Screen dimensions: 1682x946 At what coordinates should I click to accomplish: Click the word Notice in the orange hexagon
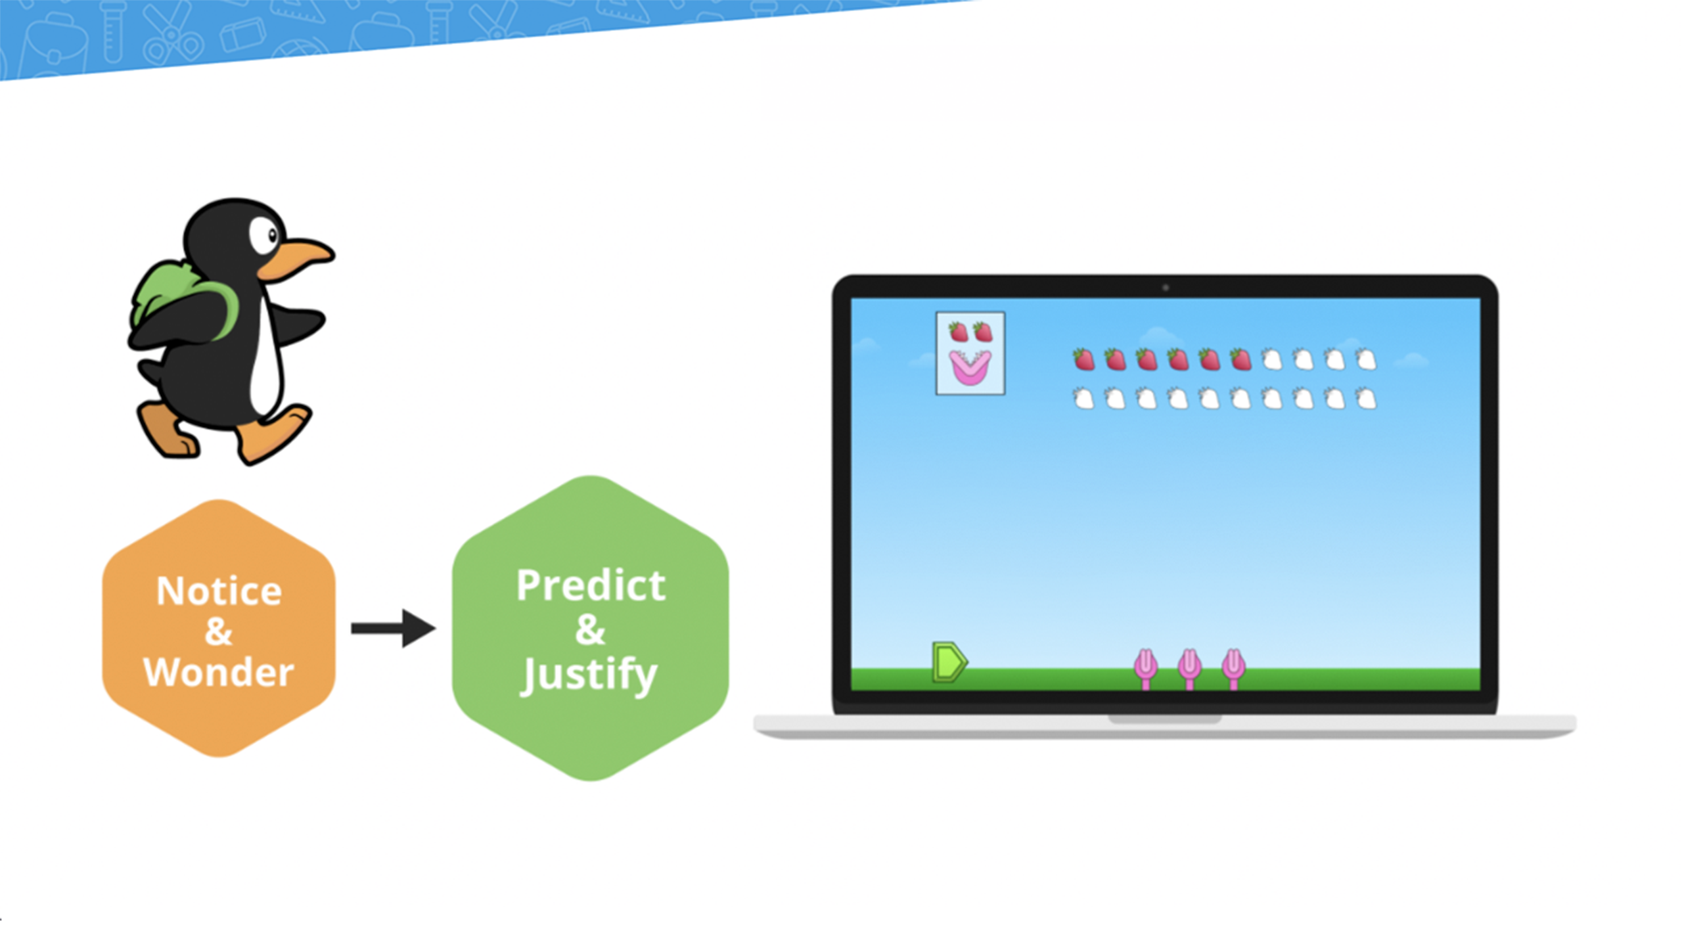[219, 591]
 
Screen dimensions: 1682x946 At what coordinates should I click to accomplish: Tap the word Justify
[589, 676]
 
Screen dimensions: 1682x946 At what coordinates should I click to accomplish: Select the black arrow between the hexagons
[393, 629]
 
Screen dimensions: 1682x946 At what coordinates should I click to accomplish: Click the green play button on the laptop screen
[949, 662]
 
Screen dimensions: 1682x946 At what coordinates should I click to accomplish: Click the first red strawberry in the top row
[1084, 359]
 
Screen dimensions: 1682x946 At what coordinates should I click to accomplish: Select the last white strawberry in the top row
[1366, 359]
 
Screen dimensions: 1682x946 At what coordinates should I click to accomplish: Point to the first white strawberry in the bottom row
[1084, 398]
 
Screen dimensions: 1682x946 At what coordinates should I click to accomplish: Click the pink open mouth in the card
[970, 367]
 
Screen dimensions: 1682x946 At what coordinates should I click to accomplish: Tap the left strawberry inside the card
[959, 332]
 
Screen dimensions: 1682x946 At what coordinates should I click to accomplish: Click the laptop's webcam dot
[1166, 288]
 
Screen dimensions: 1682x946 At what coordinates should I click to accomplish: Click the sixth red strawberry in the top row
[1240, 359]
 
